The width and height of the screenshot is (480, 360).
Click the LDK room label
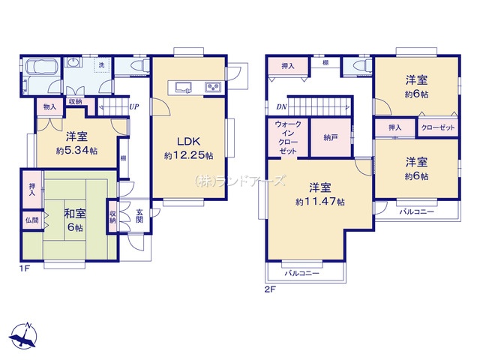tap(189, 142)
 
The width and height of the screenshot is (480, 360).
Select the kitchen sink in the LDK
tap(183, 87)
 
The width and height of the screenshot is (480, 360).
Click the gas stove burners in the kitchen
tap(213, 87)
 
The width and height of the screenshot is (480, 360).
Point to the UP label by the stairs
tap(133, 106)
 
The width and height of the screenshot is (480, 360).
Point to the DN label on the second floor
tap(281, 106)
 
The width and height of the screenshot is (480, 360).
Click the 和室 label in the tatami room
tap(75, 214)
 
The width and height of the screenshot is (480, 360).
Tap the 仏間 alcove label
tap(31, 220)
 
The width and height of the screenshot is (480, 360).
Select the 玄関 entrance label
tap(139, 215)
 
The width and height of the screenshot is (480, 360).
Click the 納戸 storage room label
tap(331, 138)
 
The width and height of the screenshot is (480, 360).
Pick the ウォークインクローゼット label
tap(288, 137)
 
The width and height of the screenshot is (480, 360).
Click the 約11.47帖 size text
tap(320, 202)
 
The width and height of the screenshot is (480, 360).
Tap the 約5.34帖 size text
tap(76, 151)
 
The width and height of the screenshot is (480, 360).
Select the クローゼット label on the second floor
tap(438, 127)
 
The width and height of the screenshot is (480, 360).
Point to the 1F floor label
tap(25, 269)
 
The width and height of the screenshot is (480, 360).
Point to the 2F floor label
tap(270, 289)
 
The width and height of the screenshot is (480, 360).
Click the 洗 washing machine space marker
tap(102, 65)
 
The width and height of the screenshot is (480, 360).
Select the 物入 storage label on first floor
tap(49, 106)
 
